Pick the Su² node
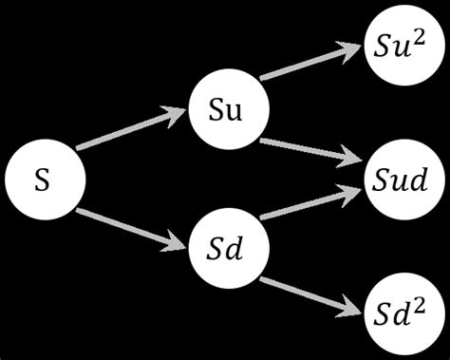[400, 45]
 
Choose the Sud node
[400, 177]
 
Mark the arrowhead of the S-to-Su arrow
[176, 113]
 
